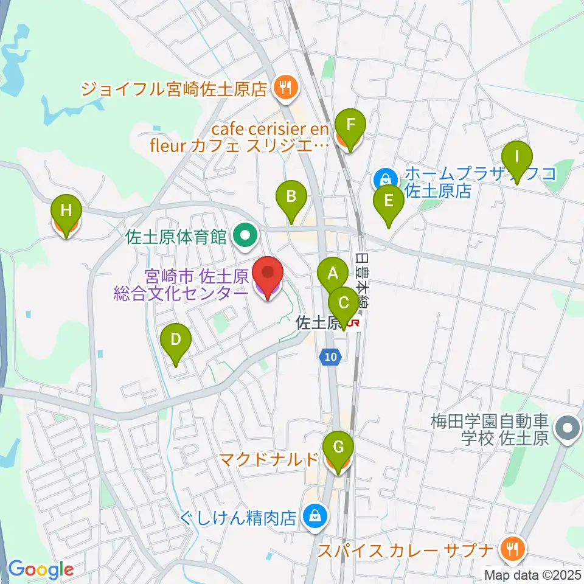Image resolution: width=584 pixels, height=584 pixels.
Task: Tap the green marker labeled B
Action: (291, 196)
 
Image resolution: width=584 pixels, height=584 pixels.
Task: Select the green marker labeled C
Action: (344, 302)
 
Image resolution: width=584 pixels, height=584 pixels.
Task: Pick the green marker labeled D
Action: (175, 339)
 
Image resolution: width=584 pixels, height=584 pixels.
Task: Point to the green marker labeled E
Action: (389, 200)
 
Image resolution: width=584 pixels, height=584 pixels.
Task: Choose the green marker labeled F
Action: (350, 124)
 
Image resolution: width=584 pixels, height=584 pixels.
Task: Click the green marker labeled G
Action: (338, 450)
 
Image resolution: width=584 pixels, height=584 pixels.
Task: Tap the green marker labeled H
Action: (67, 211)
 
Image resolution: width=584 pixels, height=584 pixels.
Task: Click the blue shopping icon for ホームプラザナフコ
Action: (385, 179)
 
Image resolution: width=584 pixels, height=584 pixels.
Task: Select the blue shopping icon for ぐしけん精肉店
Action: (314, 516)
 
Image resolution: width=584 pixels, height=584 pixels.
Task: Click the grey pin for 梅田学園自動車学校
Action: (569, 428)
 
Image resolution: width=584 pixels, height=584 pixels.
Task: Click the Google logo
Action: (41, 569)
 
